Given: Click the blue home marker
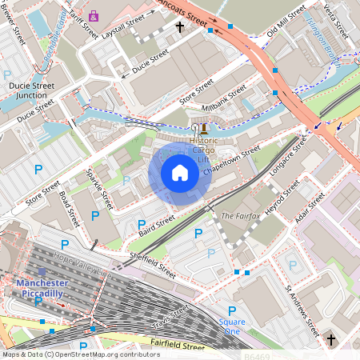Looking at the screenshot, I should click(180, 173).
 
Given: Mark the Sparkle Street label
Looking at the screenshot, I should click(104, 189).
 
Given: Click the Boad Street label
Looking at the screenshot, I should click(69, 207).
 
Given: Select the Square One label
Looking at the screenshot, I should click(232, 326).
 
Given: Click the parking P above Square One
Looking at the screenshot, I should click(232, 310).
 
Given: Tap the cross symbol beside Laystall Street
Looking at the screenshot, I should click(180, 27).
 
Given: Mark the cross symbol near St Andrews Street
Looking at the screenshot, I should click(331, 341).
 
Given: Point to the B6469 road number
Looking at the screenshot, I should click(259, 355).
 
